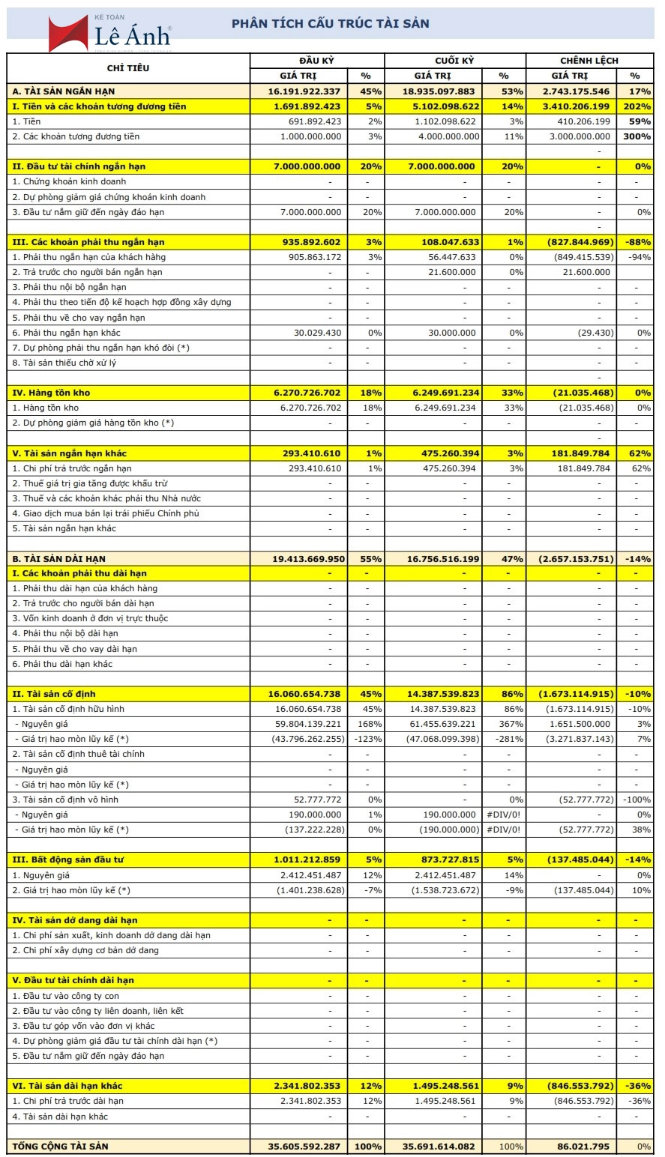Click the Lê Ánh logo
click(109, 33)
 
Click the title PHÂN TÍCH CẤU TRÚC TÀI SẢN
click(330, 23)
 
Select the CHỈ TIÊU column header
click(128, 68)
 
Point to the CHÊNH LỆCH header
click(589, 61)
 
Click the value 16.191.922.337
click(304, 91)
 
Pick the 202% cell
click(634, 106)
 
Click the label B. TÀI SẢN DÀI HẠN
click(59, 558)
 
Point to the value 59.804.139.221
click(308, 724)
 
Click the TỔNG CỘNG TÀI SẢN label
click(61, 1147)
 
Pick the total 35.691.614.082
click(439, 1147)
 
